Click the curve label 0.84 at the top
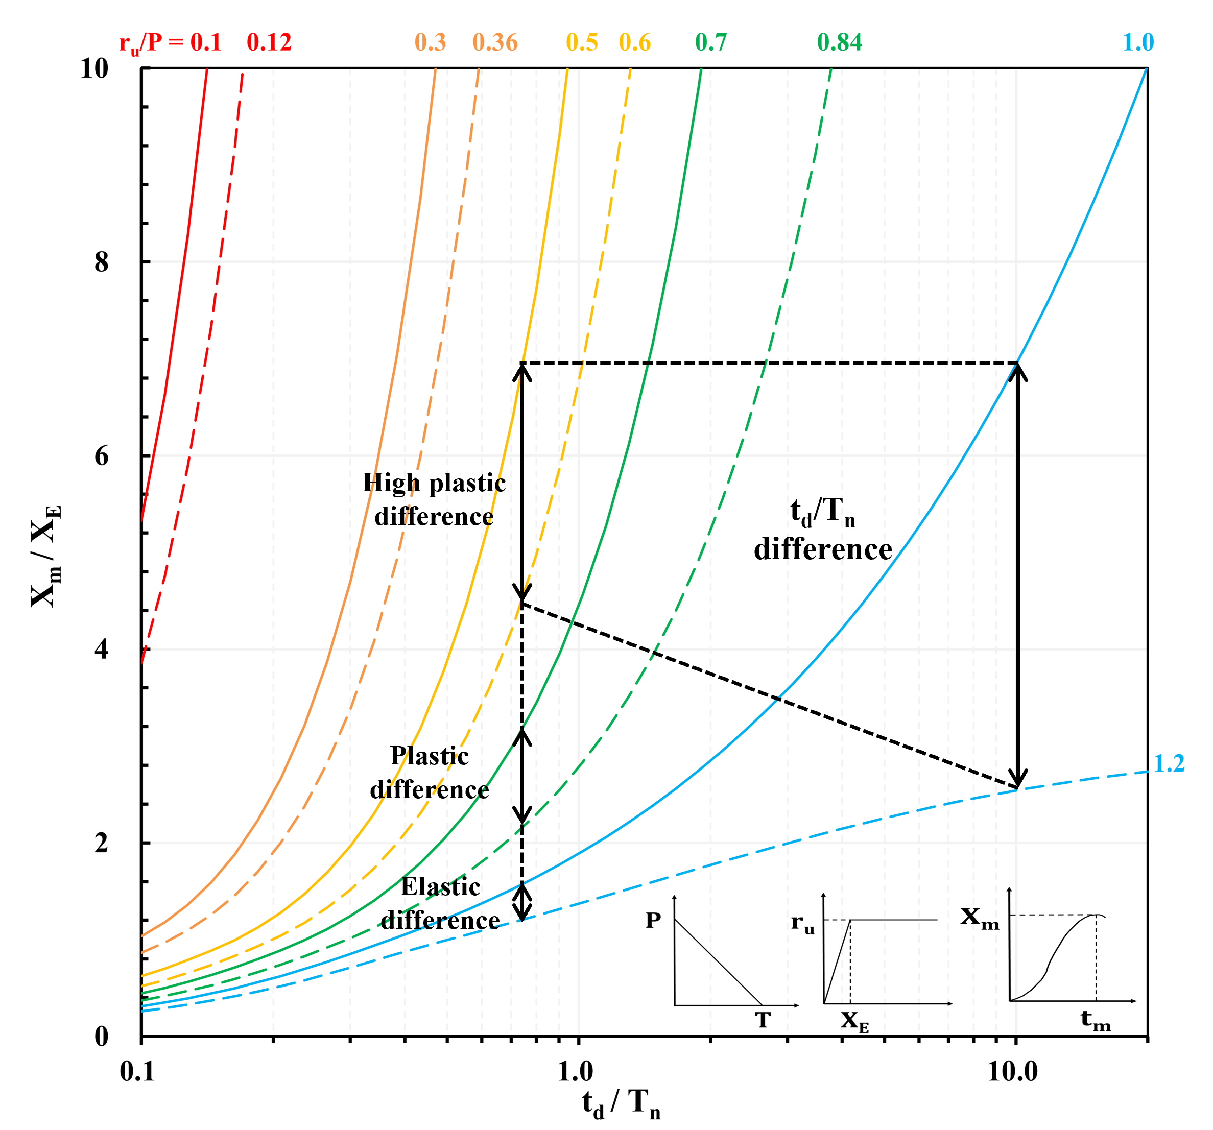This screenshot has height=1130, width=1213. click(x=839, y=43)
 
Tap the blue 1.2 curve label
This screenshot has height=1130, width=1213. click(x=1169, y=764)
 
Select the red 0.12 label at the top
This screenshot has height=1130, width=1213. click(x=269, y=43)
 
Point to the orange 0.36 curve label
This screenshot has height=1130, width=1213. click(x=495, y=43)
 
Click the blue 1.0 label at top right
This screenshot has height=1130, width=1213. click(x=1138, y=43)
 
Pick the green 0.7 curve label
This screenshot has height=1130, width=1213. click(x=711, y=43)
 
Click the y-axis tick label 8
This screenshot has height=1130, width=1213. click(x=101, y=262)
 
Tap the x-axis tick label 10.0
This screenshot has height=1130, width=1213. click(x=1012, y=1071)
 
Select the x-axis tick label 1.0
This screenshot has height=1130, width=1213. click(x=576, y=1071)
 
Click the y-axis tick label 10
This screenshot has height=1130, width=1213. click(x=94, y=68)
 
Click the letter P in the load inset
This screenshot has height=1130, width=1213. click(x=653, y=920)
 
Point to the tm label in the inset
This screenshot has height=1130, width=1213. click(x=1095, y=1020)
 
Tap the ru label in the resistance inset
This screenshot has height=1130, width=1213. click(x=802, y=923)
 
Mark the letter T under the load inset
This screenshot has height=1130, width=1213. click(x=763, y=1020)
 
